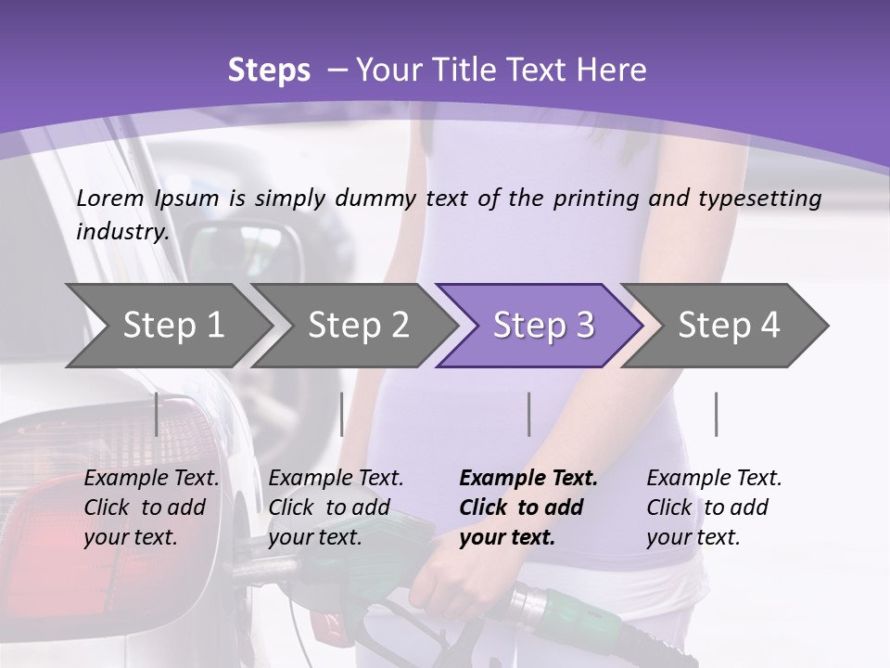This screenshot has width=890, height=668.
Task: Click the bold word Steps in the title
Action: pos(269,71)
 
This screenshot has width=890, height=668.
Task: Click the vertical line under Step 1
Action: pos(157,414)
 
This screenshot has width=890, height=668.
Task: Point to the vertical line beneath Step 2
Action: pos(342,414)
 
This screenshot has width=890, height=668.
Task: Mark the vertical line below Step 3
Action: pos(528,414)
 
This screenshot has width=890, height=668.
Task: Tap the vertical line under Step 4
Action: pos(716,414)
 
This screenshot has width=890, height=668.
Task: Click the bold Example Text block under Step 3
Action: pos(528,507)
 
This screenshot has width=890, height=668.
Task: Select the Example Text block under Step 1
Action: pos(151,507)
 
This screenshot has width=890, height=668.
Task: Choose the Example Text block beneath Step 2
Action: pos(336,507)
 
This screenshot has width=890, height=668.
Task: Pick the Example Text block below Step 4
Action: pos(714,507)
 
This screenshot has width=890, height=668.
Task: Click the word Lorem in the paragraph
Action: pos(110,198)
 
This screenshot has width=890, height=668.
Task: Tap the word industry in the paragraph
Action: pos(121,232)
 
